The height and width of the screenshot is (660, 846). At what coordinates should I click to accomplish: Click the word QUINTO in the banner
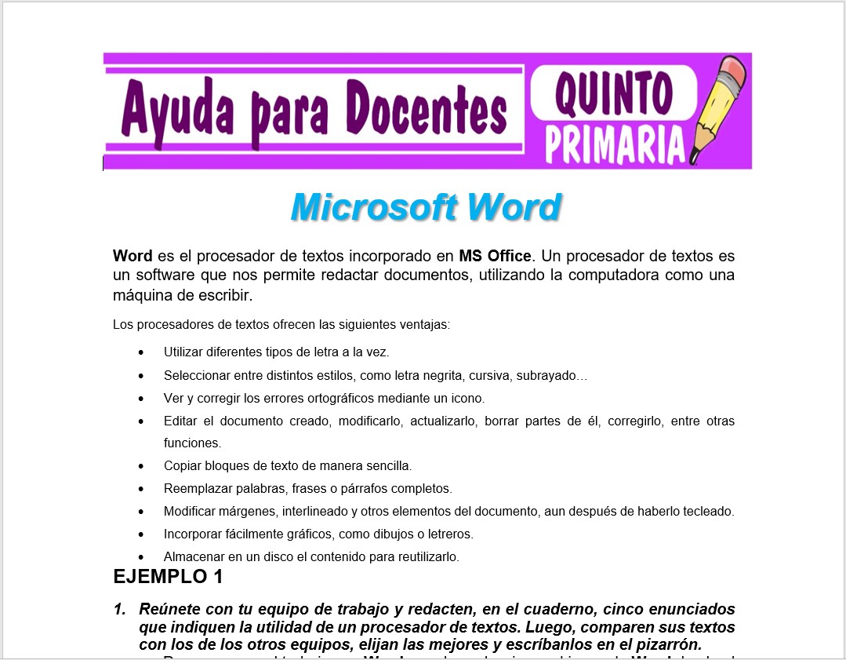pos(614,93)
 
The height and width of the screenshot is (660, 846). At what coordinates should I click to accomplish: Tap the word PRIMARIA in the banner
pos(614,144)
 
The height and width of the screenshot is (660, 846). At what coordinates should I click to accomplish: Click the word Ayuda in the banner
pos(174,111)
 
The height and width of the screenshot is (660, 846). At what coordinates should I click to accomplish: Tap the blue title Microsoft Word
pos(426,207)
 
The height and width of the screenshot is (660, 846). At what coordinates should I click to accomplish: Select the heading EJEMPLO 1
pos(168,577)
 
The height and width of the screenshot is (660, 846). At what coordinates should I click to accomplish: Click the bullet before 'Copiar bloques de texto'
pos(141,466)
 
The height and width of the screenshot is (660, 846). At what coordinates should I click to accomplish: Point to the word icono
pos(468,398)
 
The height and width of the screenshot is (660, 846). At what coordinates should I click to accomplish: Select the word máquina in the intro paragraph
pos(142,296)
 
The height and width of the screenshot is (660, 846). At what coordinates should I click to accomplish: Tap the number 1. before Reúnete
pos(120,610)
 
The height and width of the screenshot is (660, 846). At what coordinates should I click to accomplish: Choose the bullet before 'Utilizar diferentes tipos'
pos(141,352)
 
